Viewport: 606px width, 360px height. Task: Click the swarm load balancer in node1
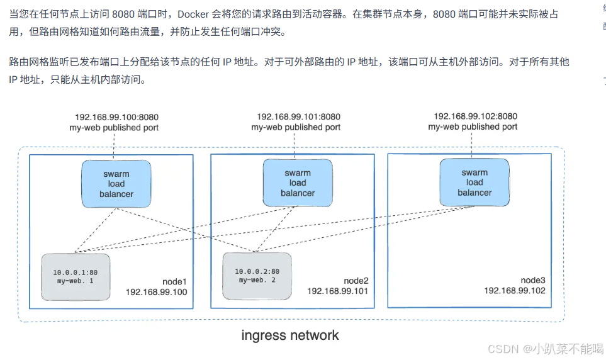116,184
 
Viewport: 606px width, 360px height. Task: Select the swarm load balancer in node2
298,183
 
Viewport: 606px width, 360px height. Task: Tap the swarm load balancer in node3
474,182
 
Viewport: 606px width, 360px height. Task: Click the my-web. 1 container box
76,276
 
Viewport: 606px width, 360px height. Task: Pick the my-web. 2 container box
257,276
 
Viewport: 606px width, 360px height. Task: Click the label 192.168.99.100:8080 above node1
117,117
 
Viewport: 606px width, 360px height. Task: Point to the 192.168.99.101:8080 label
298,116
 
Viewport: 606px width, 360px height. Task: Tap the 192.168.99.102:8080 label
476,116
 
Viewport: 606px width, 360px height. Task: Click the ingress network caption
290,335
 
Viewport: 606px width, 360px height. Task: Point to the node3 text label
532,280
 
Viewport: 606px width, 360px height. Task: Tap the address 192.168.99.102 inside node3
514,291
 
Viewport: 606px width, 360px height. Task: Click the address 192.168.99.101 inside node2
337,291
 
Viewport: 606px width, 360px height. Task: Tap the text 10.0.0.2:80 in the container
256,271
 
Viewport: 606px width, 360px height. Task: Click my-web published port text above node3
473,127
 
